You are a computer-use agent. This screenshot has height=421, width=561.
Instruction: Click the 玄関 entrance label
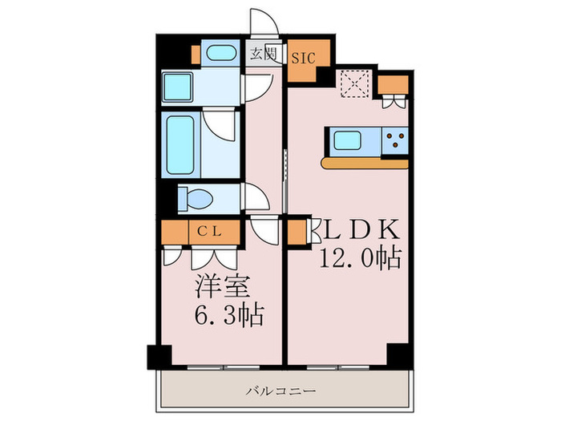(262, 55)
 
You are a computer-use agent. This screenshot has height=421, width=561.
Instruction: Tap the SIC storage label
(303, 58)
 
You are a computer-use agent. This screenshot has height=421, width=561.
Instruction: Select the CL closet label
(210, 232)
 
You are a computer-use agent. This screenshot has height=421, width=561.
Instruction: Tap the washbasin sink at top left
(217, 54)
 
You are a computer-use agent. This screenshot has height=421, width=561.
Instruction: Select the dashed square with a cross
(353, 83)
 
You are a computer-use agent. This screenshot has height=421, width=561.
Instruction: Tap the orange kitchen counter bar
(365, 163)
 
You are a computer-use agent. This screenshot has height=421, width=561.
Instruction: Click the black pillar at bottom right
(397, 354)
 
